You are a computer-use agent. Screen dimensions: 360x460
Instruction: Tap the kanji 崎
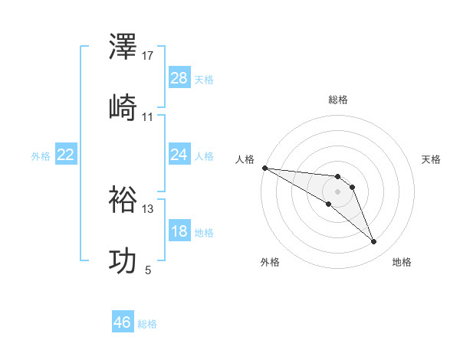point(123,108)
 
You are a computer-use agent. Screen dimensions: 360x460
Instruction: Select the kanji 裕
point(123,201)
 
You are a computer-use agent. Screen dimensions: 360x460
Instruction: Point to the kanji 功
point(123,260)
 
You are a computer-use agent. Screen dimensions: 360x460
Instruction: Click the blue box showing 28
point(179,78)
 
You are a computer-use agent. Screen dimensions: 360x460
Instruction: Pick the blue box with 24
point(179,155)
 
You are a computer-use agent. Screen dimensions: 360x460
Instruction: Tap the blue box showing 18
point(179,231)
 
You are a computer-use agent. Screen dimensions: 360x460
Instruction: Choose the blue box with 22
point(66,155)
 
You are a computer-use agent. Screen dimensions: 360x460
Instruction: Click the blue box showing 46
point(123,322)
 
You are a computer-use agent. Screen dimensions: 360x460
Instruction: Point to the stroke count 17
point(148,56)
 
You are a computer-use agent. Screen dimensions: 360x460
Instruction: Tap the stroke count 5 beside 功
point(148,270)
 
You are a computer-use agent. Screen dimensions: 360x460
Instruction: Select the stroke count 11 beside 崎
point(148,117)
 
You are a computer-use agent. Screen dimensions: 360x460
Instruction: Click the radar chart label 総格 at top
point(338,100)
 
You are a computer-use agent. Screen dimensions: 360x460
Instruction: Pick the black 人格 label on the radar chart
point(245,159)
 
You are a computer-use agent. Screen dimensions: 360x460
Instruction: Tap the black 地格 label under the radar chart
point(402,262)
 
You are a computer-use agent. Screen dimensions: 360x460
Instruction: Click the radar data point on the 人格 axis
point(264,168)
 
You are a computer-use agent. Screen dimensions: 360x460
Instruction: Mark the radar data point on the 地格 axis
point(374,242)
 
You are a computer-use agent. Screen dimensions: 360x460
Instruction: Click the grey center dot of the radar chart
point(337,191)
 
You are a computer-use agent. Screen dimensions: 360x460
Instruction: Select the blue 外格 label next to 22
point(41,156)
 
